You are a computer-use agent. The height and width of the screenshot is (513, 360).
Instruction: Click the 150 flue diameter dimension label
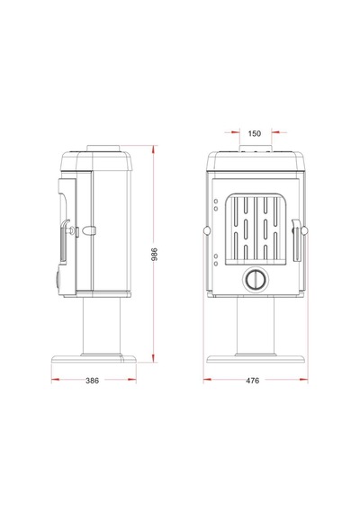[255, 133]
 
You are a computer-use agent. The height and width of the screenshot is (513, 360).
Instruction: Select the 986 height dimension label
[155, 254]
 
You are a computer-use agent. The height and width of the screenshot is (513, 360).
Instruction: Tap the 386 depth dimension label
[92, 381]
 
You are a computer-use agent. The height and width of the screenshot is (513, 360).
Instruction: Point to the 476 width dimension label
[252, 381]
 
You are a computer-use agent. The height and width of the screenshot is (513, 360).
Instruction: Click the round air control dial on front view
[255, 279]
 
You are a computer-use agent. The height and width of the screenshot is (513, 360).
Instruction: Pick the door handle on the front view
[296, 239]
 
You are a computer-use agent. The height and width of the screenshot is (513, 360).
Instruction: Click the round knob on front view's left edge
[206, 230]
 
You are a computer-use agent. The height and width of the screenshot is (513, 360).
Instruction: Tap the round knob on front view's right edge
[304, 230]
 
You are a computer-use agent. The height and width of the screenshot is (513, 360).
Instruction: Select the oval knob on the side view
[89, 230]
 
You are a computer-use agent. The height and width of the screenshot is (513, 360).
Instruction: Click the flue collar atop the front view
[256, 148]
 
